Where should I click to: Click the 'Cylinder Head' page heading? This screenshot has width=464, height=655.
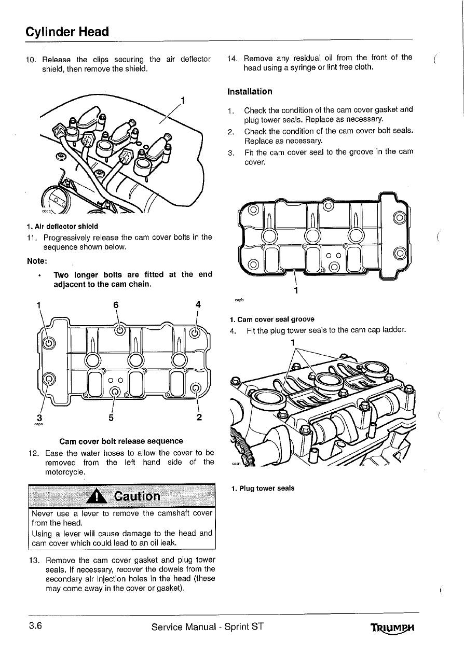click(x=67, y=32)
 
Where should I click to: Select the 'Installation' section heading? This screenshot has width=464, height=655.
click(x=250, y=92)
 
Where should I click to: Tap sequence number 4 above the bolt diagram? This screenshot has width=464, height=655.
click(x=198, y=304)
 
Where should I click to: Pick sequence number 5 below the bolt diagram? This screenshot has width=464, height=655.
click(x=112, y=417)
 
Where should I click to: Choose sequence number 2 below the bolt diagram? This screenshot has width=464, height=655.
click(x=199, y=417)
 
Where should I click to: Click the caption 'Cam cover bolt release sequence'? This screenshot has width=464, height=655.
click(x=121, y=441)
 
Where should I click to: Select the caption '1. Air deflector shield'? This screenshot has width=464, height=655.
click(x=62, y=227)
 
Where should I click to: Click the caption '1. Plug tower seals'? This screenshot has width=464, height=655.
click(x=263, y=488)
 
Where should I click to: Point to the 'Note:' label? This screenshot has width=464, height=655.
click(x=37, y=260)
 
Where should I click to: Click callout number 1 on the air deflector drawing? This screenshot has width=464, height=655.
click(x=183, y=100)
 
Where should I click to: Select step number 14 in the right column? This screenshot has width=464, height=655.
click(x=233, y=58)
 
